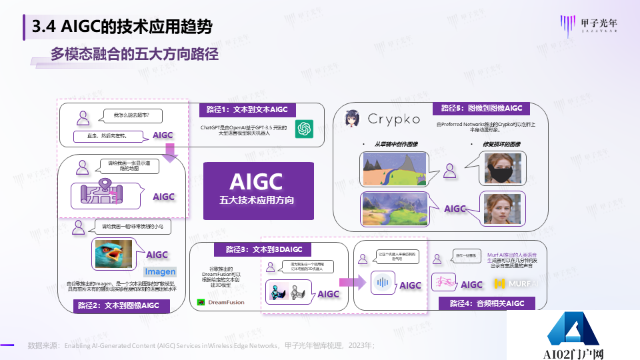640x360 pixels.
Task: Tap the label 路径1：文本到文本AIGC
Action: pos(243,109)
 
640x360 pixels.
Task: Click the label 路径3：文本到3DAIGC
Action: pos(248,249)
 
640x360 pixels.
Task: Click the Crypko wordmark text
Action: pos(394,119)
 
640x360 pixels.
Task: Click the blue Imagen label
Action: pos(160,271)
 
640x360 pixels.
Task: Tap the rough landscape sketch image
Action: pos(393,169)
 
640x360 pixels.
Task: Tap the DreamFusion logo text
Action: pos(221,303)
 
